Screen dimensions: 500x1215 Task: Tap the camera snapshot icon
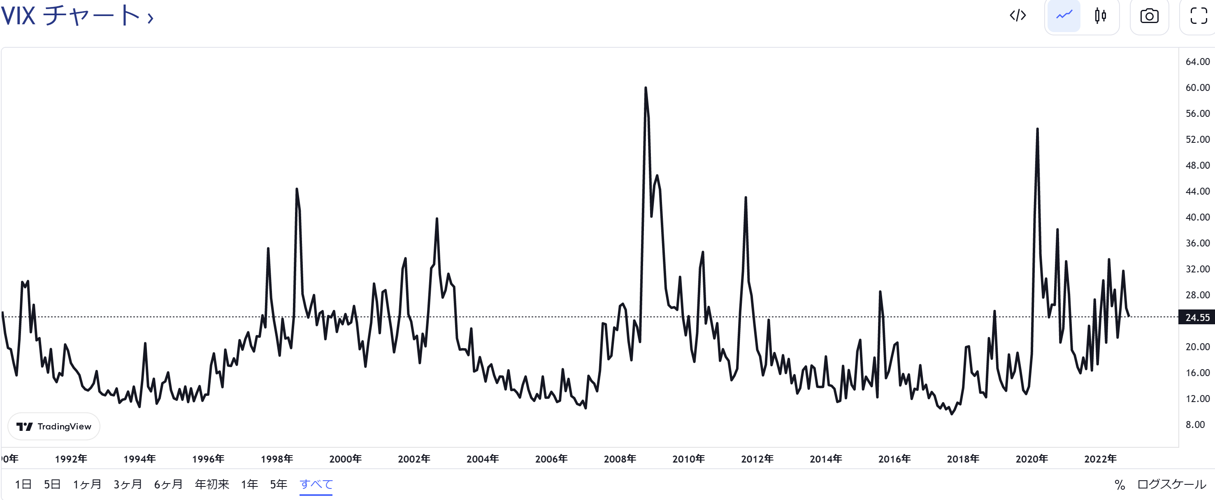tap(1149, 16)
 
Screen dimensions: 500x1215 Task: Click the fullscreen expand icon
tap(1198, 16)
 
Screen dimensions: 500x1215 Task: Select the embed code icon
tap(1018, 16)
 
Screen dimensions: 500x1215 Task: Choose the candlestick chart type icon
tap(1100, 16)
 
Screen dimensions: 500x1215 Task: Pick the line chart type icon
tap(1064, 16)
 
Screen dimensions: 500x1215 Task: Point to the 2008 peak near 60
tap(645, 88)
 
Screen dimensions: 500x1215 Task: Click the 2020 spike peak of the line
tap(1037, 129)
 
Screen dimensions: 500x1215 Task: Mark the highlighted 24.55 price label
tap(1197, 317)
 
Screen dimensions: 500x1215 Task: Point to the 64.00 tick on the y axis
tap(1197, 62)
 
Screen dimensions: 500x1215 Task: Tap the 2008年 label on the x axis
tap(620, 459)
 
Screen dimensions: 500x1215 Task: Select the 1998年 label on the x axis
tap(277, 459)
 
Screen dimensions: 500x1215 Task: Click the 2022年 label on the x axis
tap(1100, 459)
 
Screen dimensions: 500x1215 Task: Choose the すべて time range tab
tap(316, 484)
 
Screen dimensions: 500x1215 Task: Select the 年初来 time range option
tap(212, 484)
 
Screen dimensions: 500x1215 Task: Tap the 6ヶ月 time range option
tap(168, 484)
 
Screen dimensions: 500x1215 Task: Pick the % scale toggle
tap(1119, 485)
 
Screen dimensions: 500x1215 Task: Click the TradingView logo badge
tap(54, 426)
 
